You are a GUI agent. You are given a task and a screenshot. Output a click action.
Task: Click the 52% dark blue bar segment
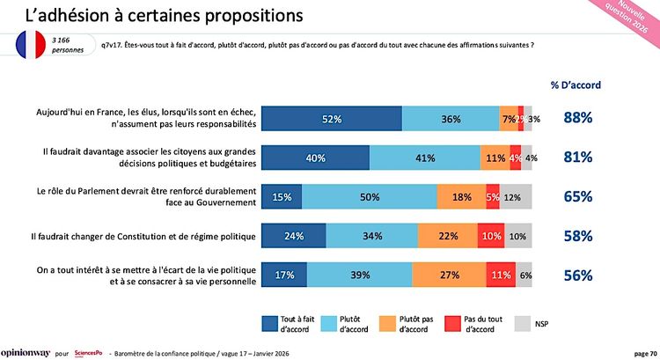(x=331, y=119)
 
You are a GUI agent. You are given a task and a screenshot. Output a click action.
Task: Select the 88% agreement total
(x=577, y=118)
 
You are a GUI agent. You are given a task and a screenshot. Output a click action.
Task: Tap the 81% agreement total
(x=577, y=158)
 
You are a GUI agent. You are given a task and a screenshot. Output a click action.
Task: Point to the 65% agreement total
(x=577, y=197)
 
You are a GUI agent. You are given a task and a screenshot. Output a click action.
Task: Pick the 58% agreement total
(x=577, y=236)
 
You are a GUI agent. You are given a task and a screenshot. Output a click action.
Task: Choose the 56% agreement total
(x=577, y=275)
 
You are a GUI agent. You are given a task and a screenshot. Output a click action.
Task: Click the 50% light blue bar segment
(x=370, y=197)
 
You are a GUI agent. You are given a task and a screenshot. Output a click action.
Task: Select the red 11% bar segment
(x=502, y=275)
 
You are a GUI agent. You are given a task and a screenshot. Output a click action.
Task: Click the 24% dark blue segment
(x=294, y=236)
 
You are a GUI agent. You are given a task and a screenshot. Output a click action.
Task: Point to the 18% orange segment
(x=460, y=197)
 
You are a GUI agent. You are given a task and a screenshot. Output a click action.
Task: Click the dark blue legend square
(x=269, y=323)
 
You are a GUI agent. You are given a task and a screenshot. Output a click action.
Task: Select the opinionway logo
(x=24, y=352)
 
